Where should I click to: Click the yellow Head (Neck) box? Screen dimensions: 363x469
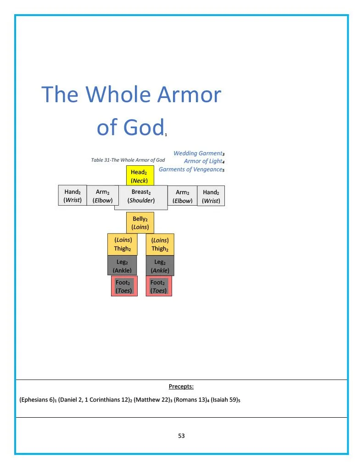click(x=140, y=176)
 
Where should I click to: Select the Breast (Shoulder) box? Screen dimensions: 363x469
click(x=141, y=196)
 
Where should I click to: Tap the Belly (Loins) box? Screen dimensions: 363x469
click(x=140, y=223)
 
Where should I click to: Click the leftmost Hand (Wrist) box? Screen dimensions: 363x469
click(x=73, y=196)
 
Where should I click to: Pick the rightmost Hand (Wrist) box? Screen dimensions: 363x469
click(x=211, y=196)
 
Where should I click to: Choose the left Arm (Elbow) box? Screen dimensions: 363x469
click(x=102, y=196)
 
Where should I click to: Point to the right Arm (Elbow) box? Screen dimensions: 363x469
click(x=182, y=196)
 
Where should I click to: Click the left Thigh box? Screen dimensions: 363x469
click(x=123, y=244)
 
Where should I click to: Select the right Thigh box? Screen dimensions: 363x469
click(x=160, y=244)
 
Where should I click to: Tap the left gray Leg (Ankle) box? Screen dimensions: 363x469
click(x=122, y=266)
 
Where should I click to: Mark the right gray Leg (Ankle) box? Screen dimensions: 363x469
click(x=160, y=266)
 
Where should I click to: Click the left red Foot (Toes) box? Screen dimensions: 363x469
click(x=124, y=286)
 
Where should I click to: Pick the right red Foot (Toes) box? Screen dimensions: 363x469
click(x=159, y=286)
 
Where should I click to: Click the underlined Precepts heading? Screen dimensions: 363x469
click(x=181, y=387)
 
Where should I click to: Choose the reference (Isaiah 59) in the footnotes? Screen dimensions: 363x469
click(x=224, y=400)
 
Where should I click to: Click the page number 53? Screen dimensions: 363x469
click(x=181, y=436)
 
